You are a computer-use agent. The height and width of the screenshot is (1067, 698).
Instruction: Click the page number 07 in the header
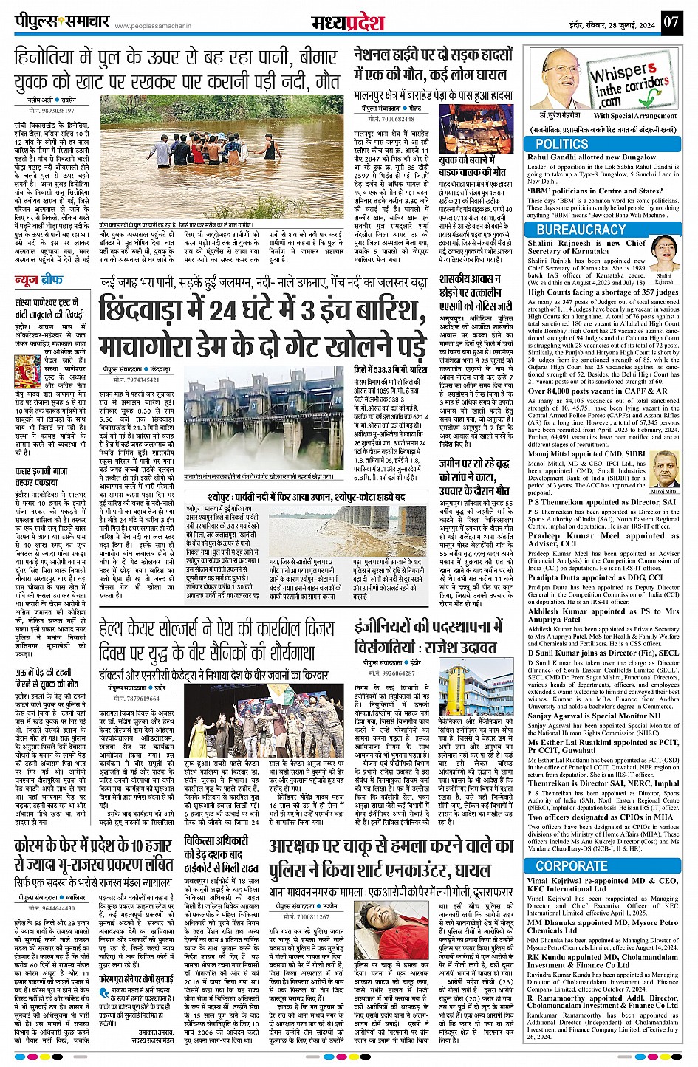click(670, 22)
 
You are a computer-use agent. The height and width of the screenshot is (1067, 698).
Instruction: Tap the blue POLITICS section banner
click(561, 144)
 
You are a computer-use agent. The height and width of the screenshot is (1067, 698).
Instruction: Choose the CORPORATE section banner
click(572, 865)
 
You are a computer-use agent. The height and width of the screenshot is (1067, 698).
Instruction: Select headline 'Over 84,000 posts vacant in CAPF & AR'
click(598, 391)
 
